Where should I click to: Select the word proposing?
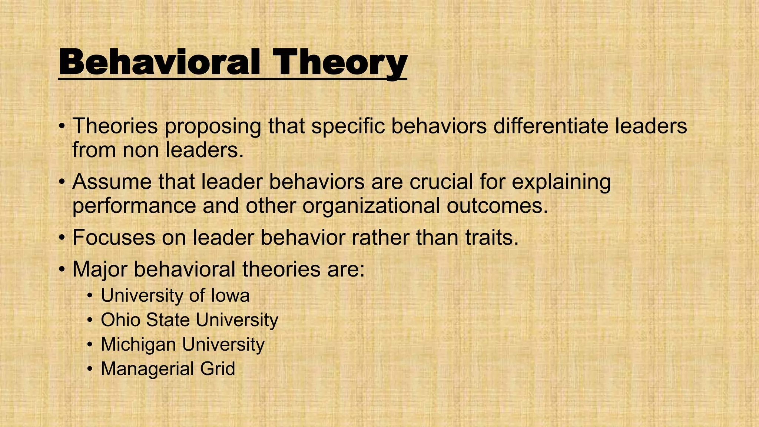click(x=213, y=127)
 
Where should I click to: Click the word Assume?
click(x=112, y=182)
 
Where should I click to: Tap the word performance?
click(x=134, y=206)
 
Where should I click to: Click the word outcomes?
click(x=497, y=206)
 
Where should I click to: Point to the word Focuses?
click(x=113, y=238)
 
